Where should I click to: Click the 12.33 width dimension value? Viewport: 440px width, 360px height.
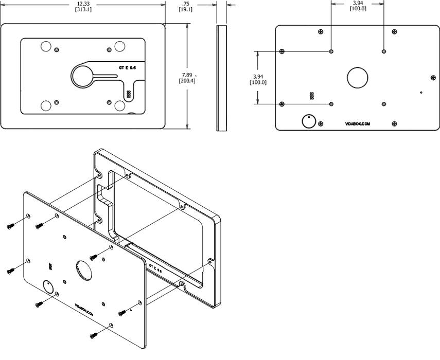[x=83, y=4]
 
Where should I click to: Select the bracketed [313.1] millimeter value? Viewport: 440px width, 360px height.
[x=83, y=10]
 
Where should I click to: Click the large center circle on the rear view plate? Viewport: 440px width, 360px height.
[x=358, y=77]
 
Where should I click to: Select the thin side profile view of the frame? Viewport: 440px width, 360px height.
[x=221, y=77]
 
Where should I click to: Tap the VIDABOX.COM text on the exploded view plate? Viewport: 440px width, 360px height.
[x=84, y=307]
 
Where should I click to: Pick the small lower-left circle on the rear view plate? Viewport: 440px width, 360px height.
[x=308, y=121]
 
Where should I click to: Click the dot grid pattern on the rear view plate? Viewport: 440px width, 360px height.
[x=312, y=96]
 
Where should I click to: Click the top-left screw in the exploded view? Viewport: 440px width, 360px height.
[x=11, y=226]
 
